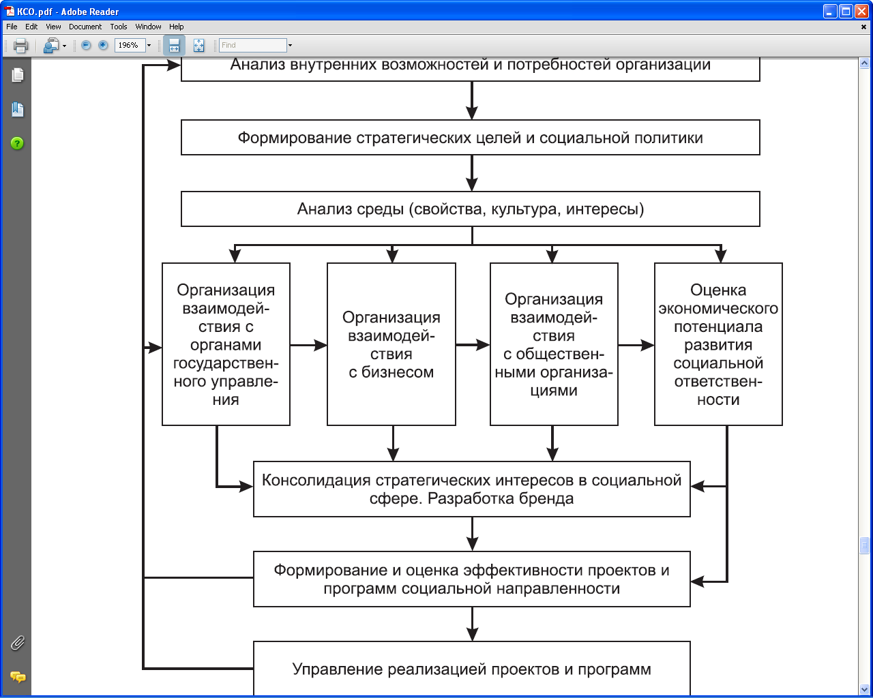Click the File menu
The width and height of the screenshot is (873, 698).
(x=12, y=27)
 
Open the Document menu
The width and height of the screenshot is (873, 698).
(x=85, y=27)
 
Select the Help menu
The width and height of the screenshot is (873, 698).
(x=177, y=27)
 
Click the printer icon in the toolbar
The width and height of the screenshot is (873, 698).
(x=20, y=46)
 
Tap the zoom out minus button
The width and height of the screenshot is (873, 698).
(x=86, y=45)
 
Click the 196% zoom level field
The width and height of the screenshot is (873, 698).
(x=130, y=45)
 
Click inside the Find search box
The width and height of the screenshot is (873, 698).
(x=253, y=45)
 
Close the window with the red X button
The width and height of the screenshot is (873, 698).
(x=861, y=12)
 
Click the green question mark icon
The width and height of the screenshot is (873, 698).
(x=17, y=143)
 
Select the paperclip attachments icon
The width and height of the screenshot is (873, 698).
(x=18, y=643)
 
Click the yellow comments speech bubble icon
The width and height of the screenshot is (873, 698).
(x=18, y=677)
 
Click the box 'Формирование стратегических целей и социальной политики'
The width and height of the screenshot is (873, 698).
(x=470, y=138)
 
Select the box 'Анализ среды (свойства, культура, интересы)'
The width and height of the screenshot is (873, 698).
(x=470, y=209)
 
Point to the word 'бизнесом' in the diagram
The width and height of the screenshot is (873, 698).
(x=398, y=372)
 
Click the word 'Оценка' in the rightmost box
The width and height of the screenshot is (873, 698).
(x=718, y=290)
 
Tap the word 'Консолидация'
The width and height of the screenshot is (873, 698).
(x=316, y=480)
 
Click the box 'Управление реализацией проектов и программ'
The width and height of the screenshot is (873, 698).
(x=472, y=669)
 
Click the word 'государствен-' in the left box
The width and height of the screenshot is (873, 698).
(x=226, y=363)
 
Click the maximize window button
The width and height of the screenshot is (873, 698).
(x=846, y=12)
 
